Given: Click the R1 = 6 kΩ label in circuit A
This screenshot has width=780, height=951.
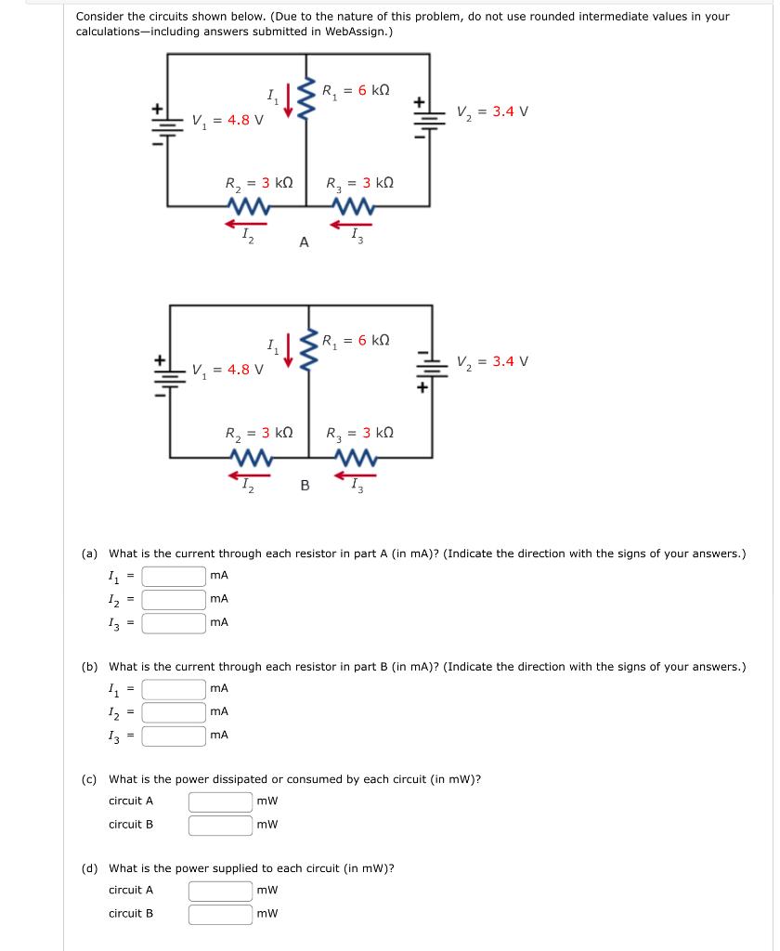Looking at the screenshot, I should point(355,91).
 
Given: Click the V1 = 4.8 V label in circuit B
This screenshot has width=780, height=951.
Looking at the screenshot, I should point(227,369).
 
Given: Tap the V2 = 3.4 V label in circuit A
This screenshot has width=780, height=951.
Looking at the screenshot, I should point(492,111).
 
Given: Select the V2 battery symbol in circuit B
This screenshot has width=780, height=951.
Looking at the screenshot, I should point(430,371).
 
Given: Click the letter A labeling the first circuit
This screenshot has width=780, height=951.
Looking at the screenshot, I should point(304,242).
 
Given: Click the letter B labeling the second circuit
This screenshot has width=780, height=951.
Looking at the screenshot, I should point(305,484).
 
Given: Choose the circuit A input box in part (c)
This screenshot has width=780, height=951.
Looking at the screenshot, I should point(221,801).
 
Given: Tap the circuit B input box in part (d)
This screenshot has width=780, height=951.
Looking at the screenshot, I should point(221,914).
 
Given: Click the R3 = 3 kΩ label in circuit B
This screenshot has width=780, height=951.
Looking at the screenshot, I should point(359,433).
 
